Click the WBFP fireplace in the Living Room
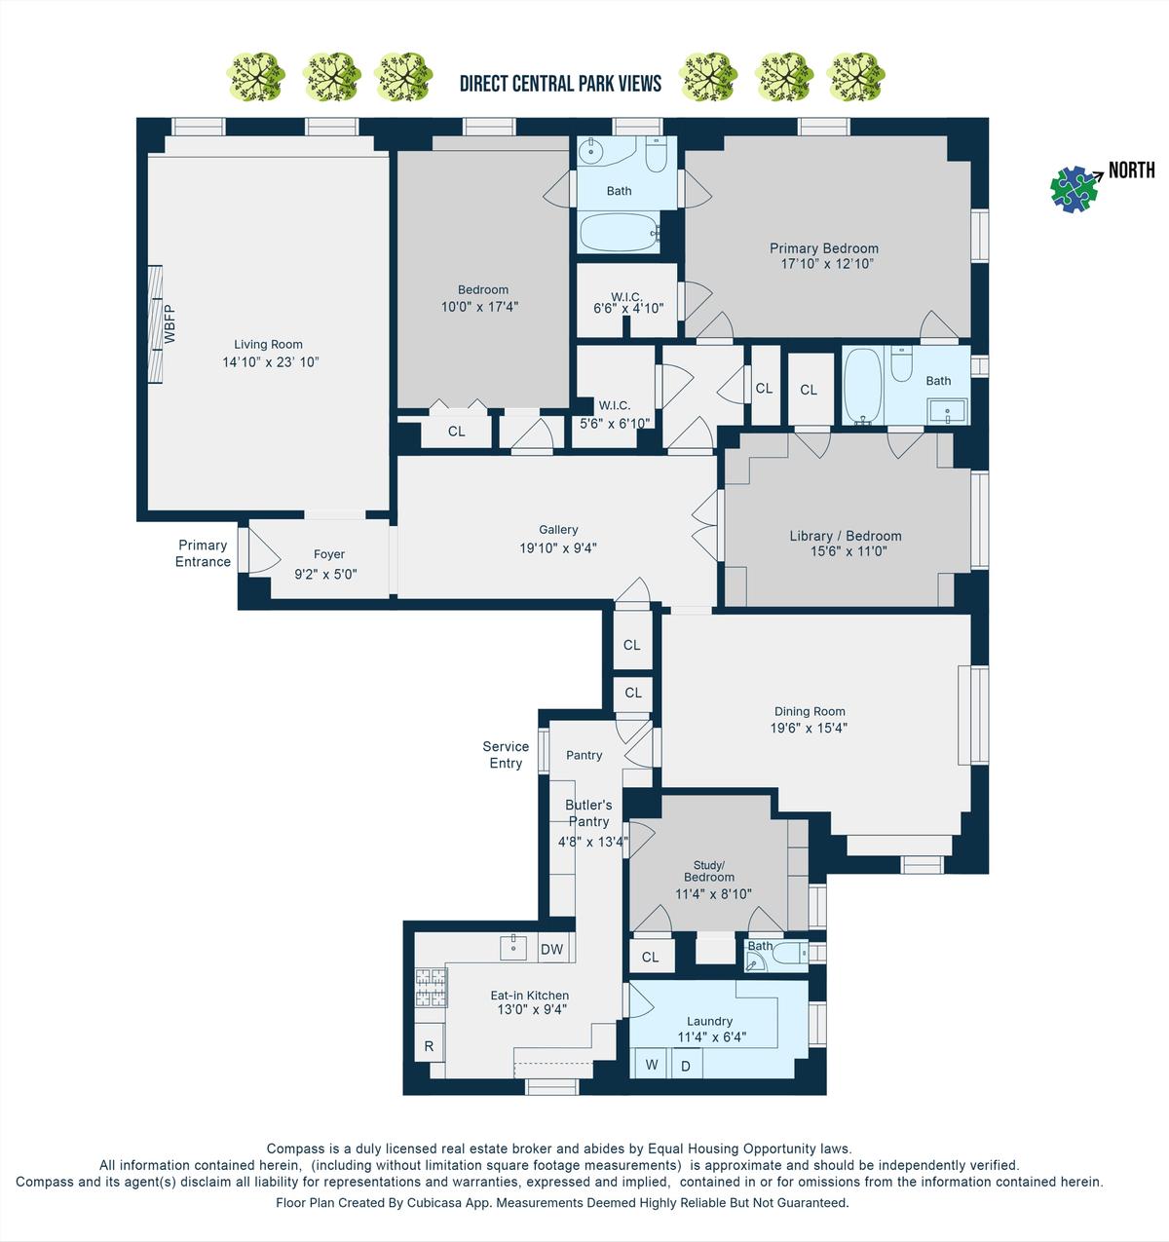coord(155,324)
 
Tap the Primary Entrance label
coord(203,553)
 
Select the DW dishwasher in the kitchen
coord(551,949)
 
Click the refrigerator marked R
coord(429,1045)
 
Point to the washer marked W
coord(651,1065)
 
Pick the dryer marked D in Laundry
coord(686,1065)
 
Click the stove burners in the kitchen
coord(431,987)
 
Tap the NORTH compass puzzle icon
coord(1074,189)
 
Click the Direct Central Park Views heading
coord(560,84)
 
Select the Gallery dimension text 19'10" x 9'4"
coord(558,547)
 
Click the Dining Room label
coord(810,711)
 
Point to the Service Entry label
coord(506,754)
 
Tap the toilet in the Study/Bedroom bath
coord(789,953)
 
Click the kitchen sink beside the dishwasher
coord(512,948)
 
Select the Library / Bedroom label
coord(846,536)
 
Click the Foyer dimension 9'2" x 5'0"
coord(325,574)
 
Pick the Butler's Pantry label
coord(588,813)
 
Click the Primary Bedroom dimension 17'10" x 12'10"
coord(827,263)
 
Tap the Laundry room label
coord(709,1021)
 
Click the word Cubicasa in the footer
coord(435,1202)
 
